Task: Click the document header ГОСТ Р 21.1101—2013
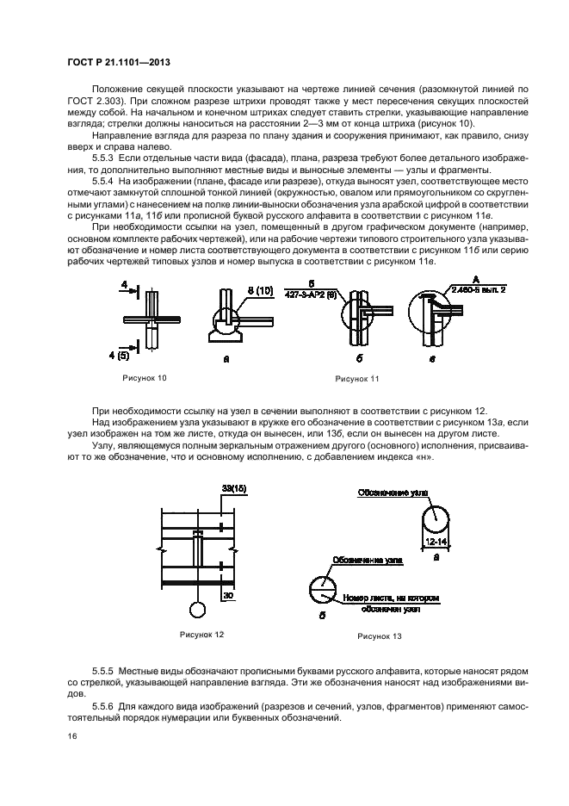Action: pyautogui.click(x=119, y=63)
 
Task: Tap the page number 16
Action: pyautogui.click(x=72, y=736)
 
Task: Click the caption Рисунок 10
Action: pyautogui.click(x=145, y=378)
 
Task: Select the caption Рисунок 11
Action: pyautogui.click(x=356, y=379)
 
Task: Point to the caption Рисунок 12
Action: pyautogui.click(x=202, y=635)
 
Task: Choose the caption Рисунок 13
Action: pyautogui.click(x=380, y=636)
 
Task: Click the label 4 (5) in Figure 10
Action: pyautogui.click(x=120, y=355)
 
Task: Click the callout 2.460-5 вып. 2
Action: pyautogui.click(x=478, y=290)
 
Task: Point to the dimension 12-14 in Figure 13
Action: pyautogui.click(x=436, y=542)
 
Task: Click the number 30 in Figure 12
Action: pyautogui.click(x=228, y=595)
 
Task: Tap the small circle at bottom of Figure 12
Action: pyautogui.click(x=197, y=611)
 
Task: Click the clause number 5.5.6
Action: pyautogui.click(x=102, y=707)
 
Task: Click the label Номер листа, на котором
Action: pyautogui.click(x=391, y=598)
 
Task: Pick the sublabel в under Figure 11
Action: pyautogui.click(x=432, y=359)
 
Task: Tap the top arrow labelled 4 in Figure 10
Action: pyautogui.click(x=128, y=290)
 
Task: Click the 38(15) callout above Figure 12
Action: pyautogui.click(x=234, y=489)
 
